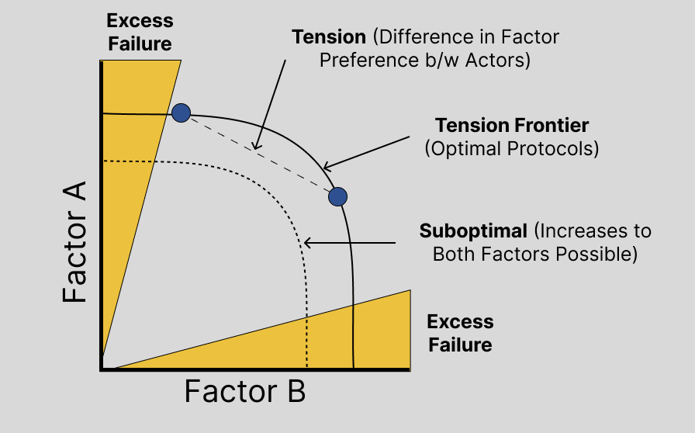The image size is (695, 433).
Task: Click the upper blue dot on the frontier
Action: [181, 113]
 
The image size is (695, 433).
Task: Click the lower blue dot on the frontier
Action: [337, 196]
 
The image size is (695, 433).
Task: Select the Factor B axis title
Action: [244, 392]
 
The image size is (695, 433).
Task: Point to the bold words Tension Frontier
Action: [512, 126]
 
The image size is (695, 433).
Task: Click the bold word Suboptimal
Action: [472, 231]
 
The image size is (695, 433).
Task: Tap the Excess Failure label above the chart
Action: [140, 32]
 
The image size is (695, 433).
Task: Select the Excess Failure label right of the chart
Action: [460, 333]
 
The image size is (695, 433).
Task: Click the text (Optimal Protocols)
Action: [512, 149]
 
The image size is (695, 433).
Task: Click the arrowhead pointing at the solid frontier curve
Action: [327, 167]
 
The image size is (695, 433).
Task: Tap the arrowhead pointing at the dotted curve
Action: [307, 243]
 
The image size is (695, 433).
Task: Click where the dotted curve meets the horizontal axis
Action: [308, 369]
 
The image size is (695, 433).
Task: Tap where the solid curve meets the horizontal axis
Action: [354, 369]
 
